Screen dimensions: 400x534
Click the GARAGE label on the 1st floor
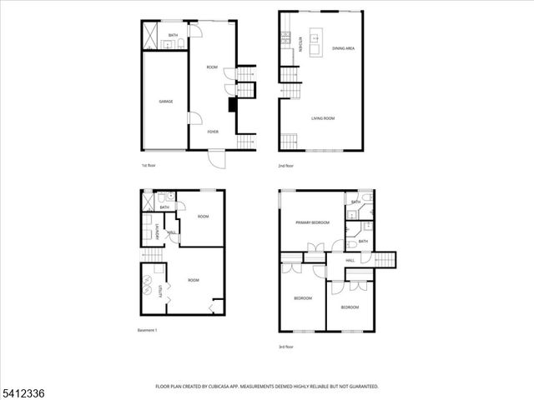(x=165, y=101)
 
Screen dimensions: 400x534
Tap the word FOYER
(x=214, y=132)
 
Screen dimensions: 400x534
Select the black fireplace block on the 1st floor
(x=234, y=105)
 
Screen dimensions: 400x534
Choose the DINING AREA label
(x=344, y=49)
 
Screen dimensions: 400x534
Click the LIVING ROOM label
(x=323, y=118)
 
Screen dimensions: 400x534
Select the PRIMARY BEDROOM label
(x=311, y=222)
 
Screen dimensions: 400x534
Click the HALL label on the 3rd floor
(x=350, y=261)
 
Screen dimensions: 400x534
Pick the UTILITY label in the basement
(x=160, y=291)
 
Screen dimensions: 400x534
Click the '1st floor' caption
(x=149, y=166)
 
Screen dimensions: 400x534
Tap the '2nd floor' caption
(x=286, y=166)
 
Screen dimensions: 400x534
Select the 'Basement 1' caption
(x=147, y=330)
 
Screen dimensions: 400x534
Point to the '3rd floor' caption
(x=286, y=347)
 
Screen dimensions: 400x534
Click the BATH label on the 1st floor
(x=173, y=35)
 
